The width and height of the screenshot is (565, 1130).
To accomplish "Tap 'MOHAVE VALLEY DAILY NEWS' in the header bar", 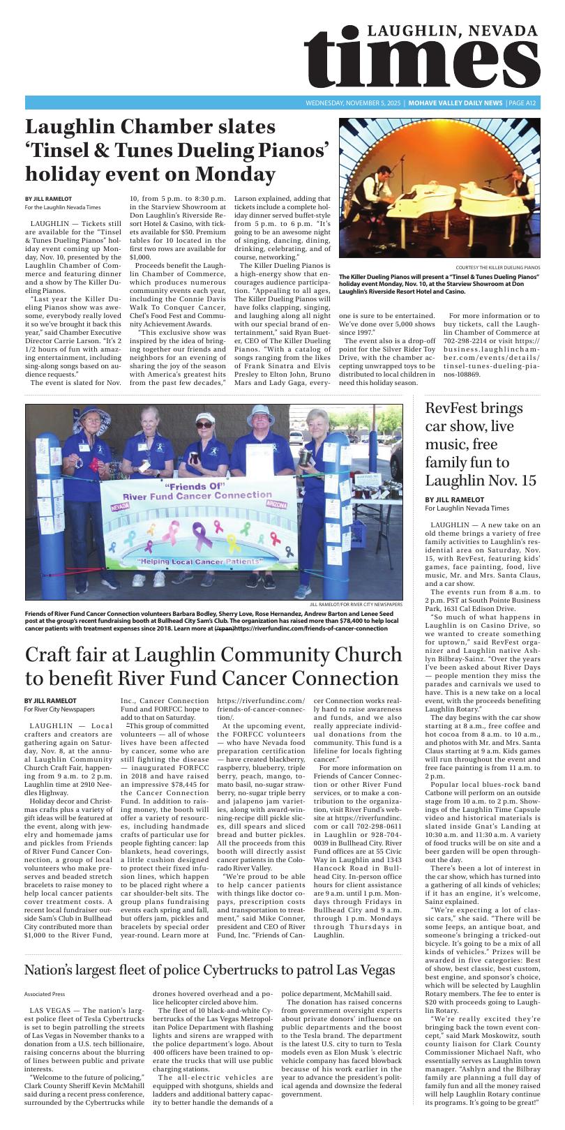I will coord(455,103).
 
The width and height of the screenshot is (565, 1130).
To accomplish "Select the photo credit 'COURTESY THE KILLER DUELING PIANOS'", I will coord(497,268).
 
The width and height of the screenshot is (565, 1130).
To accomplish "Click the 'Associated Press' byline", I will coord(45,994).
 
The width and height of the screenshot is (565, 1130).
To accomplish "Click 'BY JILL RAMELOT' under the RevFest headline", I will coord(454,499).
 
